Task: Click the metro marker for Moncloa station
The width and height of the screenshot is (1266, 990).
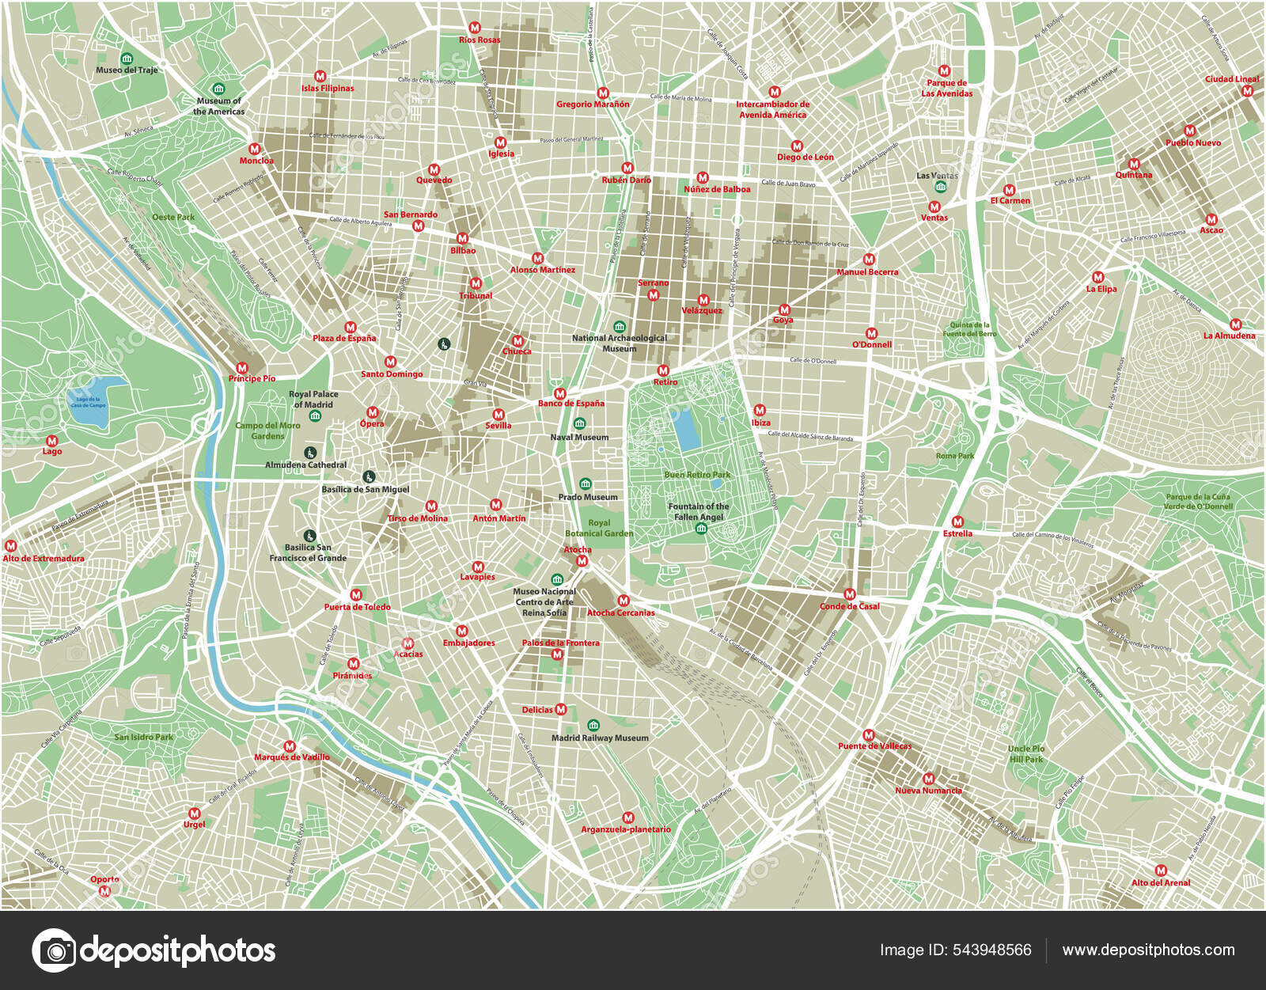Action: tap(255, 149)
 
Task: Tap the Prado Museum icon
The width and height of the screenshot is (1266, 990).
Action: tap(586, 484)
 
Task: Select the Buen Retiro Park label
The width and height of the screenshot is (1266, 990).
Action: tap(697, 475)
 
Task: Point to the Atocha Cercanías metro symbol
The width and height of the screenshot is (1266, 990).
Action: tap(624, 601)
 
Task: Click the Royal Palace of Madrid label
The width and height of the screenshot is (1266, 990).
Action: tap(313, 399)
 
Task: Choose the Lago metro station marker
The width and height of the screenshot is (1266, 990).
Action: tap(51, 441)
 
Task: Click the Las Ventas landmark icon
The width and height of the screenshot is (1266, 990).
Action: tap(940, 187)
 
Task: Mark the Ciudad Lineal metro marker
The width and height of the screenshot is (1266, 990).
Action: tap(1248, 91)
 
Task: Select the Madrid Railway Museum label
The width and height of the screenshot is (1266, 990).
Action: tap(600, 738)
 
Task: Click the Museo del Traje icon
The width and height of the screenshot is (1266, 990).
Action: tap(127, 59)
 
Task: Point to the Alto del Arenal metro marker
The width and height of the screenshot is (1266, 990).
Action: tap(1161, 871)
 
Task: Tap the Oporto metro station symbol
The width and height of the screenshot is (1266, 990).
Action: tap(104, 890)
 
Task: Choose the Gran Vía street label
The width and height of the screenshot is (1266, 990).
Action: tap(475, 384)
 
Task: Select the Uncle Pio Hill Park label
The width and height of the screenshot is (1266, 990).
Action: tap(1026, 753)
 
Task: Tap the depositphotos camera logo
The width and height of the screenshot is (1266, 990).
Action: tap(54, 950)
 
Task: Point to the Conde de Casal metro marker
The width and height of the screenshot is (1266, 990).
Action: tap(850, 594)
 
